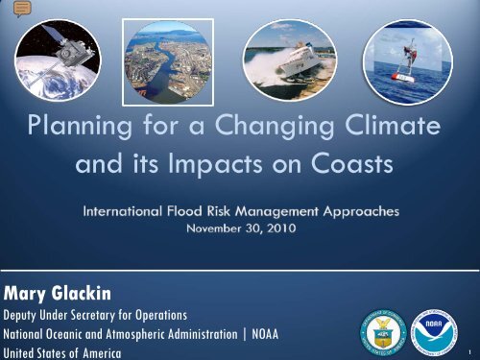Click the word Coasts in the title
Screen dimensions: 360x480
[343, 163]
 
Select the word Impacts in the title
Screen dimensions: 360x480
[228, 163]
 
